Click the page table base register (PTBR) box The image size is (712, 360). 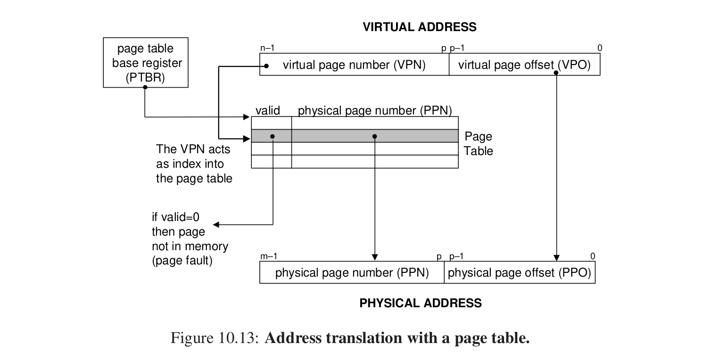pyautogui.click(x=146, y=63)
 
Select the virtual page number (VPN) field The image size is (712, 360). pyautogui.click(x=354, y=65)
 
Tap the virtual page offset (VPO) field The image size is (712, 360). pyautogui.click(x=524, y=65)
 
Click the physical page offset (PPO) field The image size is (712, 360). pyautogui.click(x=519, y=273)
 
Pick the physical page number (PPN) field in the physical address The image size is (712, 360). pyautogui.click(x=352, y=273)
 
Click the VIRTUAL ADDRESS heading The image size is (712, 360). pyautogui.click(x=419, y=27)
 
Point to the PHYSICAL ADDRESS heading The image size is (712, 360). pyautogui.click(x=421, y=303)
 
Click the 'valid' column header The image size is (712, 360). pyautogui.click(x=267, y=111)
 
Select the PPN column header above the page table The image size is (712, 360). pyautogui.click(x=375, y=111)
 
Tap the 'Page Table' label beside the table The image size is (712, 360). pyautogui.click(x=478, y=144)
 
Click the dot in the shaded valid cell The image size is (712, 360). pyautogui.click(x=273, y=136)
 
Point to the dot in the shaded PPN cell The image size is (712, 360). pyautogui.click(x=375, y=136)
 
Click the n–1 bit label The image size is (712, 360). pyautogui.click(x=267, y=48)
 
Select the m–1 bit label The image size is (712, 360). pyautogui.click(x=268, y=256)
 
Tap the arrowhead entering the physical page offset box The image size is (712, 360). pyautogui.click(x=556, y=258)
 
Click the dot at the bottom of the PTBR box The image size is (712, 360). pyautogui.click(x=145, y=87)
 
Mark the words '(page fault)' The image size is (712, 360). pyautogui.click(x=182, y=261)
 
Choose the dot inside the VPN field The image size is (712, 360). pyautogui.click(x=266, y=66)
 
